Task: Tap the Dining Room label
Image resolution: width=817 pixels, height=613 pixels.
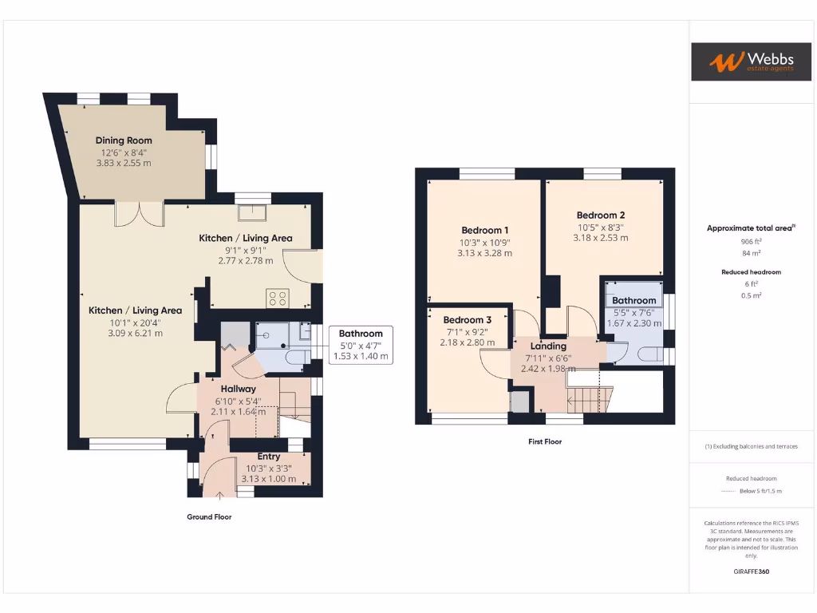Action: click(124, 140)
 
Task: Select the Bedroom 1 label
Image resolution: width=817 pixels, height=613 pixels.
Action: click(484, 231)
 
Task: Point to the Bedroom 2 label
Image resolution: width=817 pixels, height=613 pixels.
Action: click(601, 215)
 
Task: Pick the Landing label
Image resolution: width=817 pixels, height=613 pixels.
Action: click(548, 346)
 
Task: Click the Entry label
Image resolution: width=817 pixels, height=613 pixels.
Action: click(268, 457)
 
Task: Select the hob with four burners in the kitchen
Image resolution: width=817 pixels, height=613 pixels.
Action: click(278, 298)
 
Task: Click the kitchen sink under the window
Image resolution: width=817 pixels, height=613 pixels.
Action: click(254, 212)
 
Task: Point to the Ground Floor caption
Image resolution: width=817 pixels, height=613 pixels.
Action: click(209, 517)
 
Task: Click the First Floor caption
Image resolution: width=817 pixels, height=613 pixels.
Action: click(545, 441)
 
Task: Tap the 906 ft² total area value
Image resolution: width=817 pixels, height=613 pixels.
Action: click(752, 241)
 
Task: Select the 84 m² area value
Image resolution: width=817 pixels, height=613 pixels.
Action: click(752, 253)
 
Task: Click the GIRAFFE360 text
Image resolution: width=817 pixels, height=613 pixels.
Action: click(751, 571)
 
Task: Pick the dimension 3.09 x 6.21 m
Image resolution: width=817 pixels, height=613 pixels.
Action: click(135, 333)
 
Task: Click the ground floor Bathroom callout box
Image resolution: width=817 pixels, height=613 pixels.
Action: click(361, 345)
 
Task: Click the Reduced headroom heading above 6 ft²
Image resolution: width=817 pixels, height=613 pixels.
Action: click(752, 272)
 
